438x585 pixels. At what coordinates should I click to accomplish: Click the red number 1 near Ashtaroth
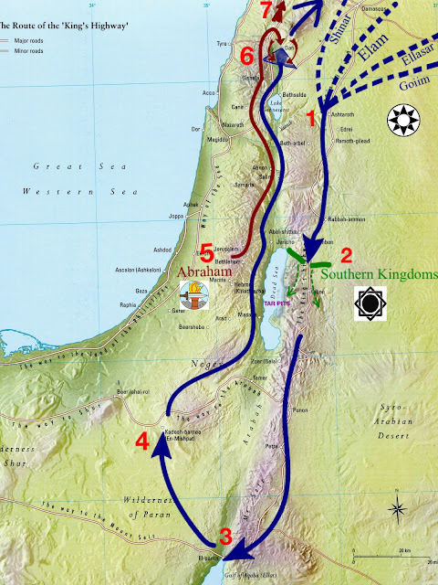click(x=311, y=117)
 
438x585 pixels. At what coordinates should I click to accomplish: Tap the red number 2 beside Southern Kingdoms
click(x=345, y=254)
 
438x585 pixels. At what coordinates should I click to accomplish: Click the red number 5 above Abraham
click(x=206, y=251)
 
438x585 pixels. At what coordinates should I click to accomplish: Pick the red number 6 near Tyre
click(x=245, y=56)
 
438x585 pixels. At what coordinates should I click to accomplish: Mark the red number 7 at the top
click(x=266, y=12)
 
